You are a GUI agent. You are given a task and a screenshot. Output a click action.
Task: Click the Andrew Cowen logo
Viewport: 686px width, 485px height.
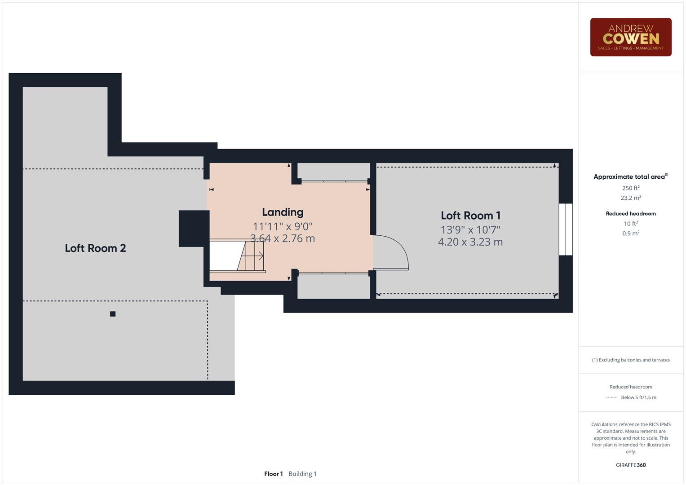630,37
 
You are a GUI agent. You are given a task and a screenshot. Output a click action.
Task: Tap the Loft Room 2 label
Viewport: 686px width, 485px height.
95,248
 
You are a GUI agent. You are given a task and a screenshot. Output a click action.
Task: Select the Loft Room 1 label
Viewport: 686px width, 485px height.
470,216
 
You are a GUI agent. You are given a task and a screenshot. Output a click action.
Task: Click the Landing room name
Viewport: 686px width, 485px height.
283,212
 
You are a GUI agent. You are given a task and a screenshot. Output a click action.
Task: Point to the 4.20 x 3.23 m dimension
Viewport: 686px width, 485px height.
470,242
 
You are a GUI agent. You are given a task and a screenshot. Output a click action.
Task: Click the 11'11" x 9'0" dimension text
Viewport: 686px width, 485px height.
283,226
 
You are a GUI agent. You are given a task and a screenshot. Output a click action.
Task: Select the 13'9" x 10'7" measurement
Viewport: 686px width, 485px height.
470,229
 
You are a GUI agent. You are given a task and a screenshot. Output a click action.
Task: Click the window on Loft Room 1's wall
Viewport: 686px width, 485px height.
566,229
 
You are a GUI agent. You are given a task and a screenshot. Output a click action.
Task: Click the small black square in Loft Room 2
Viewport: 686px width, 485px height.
113,314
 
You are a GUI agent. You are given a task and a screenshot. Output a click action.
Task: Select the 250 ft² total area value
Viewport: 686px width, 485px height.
630,188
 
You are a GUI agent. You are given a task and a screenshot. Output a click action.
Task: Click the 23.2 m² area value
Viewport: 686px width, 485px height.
630,198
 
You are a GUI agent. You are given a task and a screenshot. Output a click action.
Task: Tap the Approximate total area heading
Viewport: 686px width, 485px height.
630,177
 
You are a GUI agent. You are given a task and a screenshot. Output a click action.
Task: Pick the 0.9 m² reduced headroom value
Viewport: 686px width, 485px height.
630,233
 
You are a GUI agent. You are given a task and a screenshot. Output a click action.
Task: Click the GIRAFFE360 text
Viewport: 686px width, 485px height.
630,465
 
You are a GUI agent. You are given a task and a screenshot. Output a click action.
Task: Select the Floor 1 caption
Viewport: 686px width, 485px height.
273,474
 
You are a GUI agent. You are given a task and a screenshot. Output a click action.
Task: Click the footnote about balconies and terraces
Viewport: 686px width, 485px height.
630,360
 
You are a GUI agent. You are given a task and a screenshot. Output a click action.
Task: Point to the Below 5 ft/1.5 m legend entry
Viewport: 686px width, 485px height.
638,397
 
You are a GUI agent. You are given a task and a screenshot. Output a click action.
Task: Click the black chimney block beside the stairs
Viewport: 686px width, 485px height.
194,228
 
